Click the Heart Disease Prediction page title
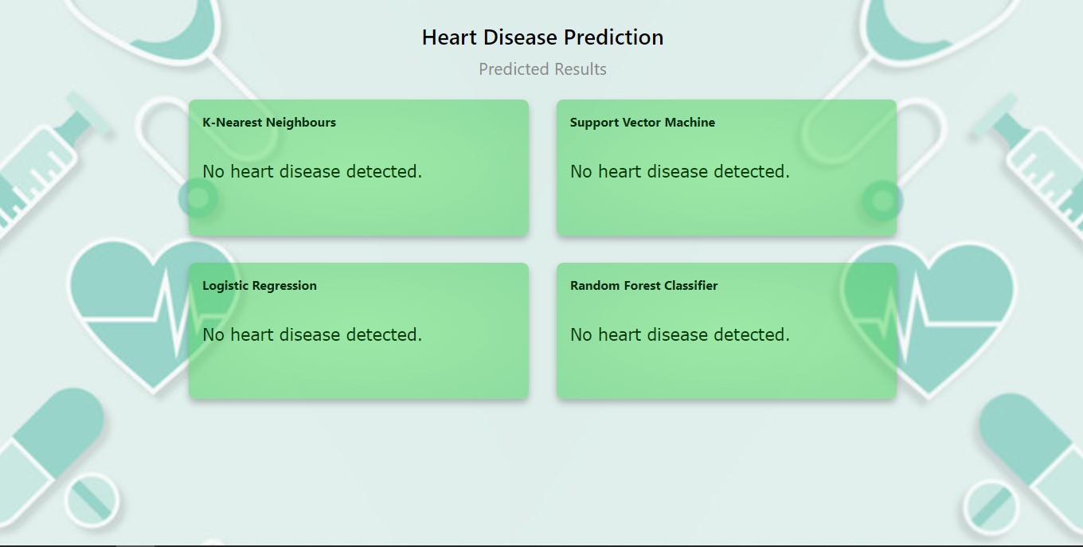pos(542,37)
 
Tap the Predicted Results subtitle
pos(542,69)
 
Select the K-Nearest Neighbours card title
pos(269,123)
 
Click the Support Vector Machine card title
pos(643,123)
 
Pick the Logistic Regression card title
pos(260,286)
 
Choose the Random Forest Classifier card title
pos(643,286)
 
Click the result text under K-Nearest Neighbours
pos(312,172)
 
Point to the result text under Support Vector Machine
pos(680,172)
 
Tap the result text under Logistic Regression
pos(312,335)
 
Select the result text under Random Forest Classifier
pos(680,335)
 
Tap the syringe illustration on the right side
pos(1035,167)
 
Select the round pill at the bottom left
pos(92,500)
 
